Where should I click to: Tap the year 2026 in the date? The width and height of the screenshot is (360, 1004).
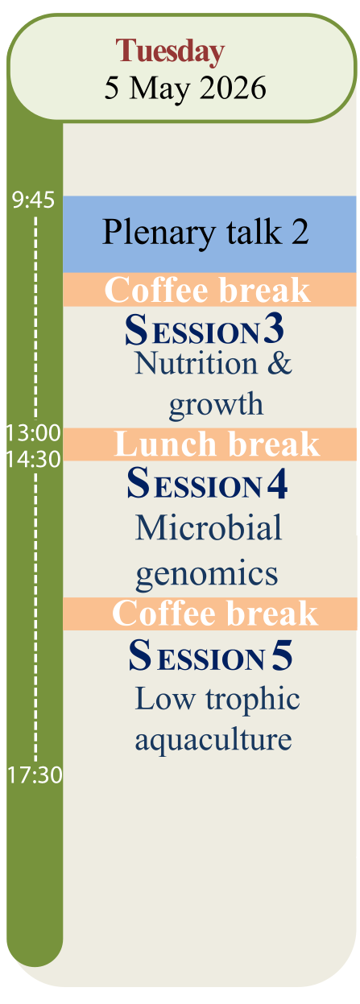coord(233,88)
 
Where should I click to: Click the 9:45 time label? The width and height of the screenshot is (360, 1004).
coord(33,200)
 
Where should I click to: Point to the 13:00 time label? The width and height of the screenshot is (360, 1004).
coord(33,433)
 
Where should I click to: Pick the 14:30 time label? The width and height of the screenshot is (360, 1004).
coord(33,460)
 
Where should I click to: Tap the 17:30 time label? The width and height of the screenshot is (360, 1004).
coord(35,775)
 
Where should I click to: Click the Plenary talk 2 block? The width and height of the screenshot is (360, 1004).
coord(210,234)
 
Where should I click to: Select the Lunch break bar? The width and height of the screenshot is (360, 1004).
coord(210,444)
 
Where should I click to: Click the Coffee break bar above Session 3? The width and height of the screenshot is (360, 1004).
coord(210,290)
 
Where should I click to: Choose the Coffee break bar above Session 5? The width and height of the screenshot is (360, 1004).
coord(210,614)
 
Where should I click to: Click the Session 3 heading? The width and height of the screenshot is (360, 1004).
coord(205,329)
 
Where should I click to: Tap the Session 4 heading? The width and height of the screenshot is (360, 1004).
coord(207,483)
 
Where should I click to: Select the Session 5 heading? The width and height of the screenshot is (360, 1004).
coord(210,655)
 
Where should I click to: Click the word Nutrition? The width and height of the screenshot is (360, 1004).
coord(197,363)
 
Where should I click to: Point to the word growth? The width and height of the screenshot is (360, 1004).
coord(216,405)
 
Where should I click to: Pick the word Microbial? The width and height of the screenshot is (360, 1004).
coord(209,527)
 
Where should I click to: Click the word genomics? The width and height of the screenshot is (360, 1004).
coord(207,575)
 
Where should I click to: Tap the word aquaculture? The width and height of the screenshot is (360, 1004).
coord(213,740)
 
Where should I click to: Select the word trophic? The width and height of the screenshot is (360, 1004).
coord(253,700)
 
